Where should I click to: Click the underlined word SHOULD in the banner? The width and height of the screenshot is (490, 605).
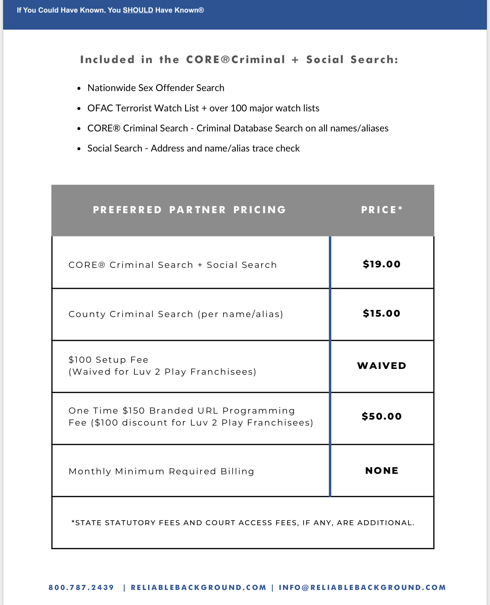[138, 10]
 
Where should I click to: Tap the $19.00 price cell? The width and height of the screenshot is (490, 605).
[382, 264]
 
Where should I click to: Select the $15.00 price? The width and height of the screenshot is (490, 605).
[382, 313]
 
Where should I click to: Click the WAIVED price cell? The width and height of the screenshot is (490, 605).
[382, 366]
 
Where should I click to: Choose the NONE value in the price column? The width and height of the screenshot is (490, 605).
[382, 470]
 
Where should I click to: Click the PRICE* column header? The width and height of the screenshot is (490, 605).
[382, 210]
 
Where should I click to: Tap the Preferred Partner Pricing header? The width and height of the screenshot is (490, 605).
[189, 210]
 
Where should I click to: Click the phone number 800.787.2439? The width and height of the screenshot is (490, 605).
[81, 587]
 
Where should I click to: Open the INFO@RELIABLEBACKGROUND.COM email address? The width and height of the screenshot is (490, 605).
[362, 587]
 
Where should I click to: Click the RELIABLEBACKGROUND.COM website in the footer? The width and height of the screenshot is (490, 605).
[198, 587]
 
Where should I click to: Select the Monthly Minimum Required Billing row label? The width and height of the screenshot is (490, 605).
[161, 471]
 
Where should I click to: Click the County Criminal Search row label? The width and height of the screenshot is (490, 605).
[176, 314]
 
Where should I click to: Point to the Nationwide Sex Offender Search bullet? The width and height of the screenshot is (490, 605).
[156, 88]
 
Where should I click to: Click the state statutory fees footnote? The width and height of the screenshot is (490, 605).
[243, 523]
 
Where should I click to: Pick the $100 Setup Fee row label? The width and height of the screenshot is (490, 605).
[108, 360]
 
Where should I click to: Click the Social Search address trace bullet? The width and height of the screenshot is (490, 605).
[193, 148]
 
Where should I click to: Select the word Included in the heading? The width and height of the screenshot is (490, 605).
[107, 59]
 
